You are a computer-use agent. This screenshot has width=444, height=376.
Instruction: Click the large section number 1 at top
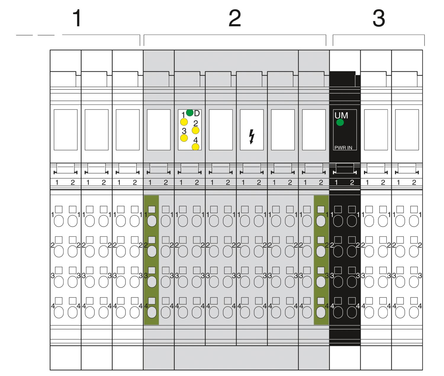(77, 18)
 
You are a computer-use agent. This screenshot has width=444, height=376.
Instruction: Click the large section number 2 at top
(235, 18)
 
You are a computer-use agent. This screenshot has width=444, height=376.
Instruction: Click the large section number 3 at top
(379, 18)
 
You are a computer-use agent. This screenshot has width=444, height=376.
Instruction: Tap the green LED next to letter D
(190, 113)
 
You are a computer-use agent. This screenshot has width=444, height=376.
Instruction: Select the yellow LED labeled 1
(184, 122)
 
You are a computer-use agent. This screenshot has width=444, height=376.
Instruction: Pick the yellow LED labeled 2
(195, 130)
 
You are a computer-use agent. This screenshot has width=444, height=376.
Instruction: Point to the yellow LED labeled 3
(184, 138)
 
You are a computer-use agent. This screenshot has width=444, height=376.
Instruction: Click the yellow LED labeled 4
(195, 147)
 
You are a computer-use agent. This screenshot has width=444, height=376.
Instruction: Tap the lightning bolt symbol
(252, 136)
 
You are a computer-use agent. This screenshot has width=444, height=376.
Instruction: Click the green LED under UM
(340, 122)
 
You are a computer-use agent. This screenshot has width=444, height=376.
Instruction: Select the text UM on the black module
(341, 115)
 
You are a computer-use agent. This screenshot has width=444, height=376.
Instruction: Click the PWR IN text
(343, 148)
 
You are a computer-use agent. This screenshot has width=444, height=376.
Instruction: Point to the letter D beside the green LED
(197, 113)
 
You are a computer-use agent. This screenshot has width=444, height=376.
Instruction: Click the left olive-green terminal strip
(151, 260)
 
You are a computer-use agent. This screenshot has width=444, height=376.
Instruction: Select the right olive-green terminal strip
(321, 260)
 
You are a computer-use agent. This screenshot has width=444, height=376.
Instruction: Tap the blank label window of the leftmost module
(66, 130)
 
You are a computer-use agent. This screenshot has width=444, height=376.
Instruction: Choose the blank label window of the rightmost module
(407, 130)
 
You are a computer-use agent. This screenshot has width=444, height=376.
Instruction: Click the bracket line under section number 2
(235, 35)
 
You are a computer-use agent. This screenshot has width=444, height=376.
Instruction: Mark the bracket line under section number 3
(379, 35)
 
